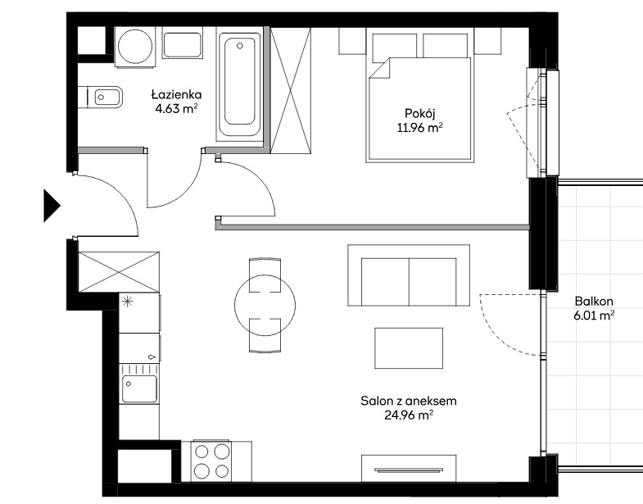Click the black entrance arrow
[x=52, y=205]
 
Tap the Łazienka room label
[x=176, y=95]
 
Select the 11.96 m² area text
[x=419, y=127]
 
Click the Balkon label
[x=594, y=302]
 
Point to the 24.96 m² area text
[x=409, y=415]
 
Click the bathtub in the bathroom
[x=240, y=84]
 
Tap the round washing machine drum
[x=135, y=47]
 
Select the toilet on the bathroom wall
[x=101, y=98]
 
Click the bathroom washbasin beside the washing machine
[x=183, y=43]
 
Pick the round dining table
[x=265, y=305]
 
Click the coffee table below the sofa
[x=409, y=348]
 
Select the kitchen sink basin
[x=140, y=388]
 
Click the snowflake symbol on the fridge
[x=128, y=302]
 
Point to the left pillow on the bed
[x=395, y=46]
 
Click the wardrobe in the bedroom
[x=290, y=91]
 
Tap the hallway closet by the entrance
[x=119, y=272]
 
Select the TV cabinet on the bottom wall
[x=409, y=468]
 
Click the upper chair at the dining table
[x=265, y=275]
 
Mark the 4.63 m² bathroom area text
[x=176, y=109]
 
